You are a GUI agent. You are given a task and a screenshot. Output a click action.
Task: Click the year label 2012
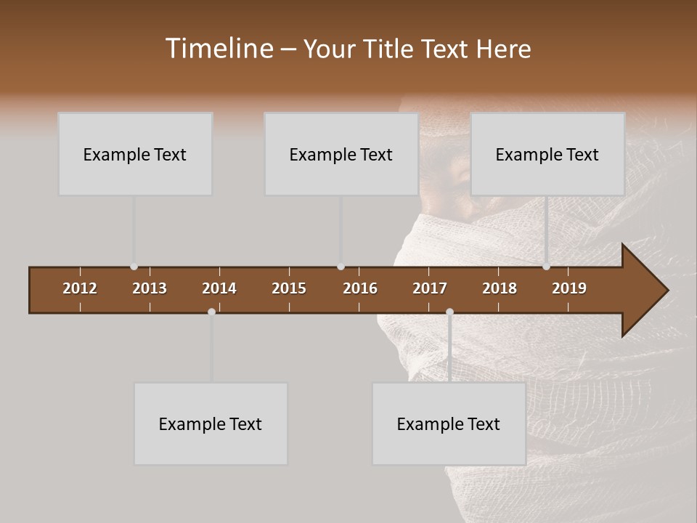(80, 288)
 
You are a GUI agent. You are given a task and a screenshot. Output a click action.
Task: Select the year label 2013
(150, 288)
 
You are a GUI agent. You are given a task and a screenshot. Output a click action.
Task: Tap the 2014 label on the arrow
(219, 288)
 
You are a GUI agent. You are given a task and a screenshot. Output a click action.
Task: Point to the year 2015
(289, 288)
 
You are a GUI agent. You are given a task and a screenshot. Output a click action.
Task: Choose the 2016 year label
(360, 288)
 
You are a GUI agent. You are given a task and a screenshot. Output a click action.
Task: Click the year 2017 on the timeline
(430, 288)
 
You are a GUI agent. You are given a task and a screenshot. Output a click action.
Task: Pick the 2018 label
(500, 288)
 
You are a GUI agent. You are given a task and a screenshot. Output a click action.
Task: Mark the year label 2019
(569, 288)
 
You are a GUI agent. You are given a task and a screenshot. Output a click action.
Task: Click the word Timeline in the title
(219, 49)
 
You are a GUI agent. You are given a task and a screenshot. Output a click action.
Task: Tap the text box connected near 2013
(135, 154)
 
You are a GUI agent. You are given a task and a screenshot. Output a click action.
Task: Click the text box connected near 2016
(341, 154)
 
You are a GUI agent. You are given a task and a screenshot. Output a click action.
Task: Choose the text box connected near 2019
(547, 154)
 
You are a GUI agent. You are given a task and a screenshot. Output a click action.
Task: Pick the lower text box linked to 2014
(211, 423)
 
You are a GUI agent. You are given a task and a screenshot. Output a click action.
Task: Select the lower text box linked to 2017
(449, 423)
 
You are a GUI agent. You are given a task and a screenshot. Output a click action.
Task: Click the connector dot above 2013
(134, 267)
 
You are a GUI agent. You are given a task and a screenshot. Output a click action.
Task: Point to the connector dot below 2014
(211, 312)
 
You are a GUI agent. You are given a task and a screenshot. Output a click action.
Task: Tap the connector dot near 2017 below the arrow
(449, 312)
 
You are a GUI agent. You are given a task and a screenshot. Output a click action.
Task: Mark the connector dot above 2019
(546, 267)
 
